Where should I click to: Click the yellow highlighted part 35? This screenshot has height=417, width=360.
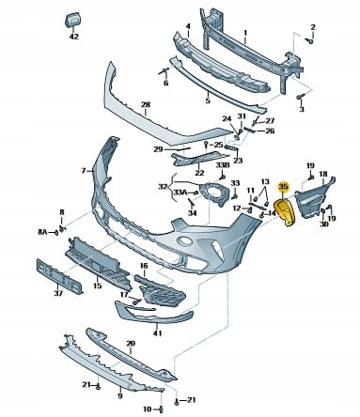pos(285,212)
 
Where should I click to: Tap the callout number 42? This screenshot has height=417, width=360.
pos(74,37)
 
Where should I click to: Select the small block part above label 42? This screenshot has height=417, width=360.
pos(72,21)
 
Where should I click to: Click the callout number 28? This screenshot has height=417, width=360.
pos(146,104)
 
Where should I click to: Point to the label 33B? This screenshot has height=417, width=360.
pos(222,165)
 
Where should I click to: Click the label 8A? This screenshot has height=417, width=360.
pos(42,232)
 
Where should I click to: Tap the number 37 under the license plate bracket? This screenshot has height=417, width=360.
pos(58,293)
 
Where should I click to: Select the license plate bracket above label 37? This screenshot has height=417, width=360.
pos(59,276)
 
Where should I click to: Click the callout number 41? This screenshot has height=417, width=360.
pos(157,333)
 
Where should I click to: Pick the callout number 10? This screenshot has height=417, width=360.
pos(148,409)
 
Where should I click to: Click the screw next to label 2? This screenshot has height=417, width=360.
pos(309,40)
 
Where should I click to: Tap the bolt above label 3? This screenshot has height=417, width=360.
pos(300,97)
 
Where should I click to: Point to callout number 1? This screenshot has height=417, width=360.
pos(245,33)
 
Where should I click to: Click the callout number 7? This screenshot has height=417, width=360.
pos(84,171)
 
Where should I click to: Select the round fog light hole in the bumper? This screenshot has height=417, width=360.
pos(184,241)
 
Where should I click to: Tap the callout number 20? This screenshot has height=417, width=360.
pos(131,344)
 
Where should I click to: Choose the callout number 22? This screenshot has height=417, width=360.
pos(199,173)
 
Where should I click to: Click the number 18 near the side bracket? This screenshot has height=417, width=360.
pos(323,174)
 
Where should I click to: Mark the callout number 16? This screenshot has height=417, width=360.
pos(144,266)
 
